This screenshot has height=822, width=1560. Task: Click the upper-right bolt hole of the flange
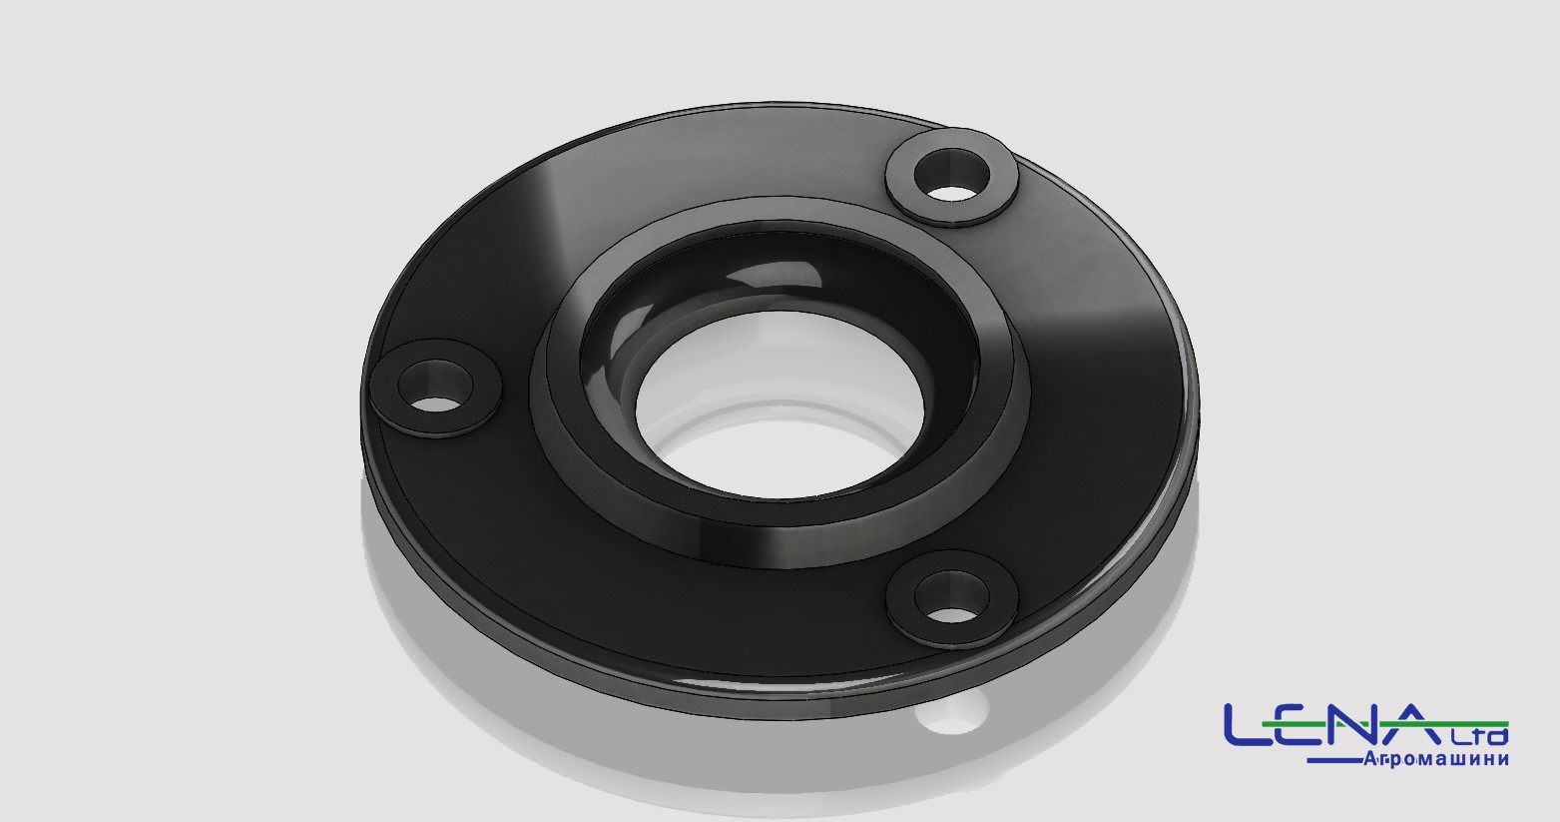pos(951,176)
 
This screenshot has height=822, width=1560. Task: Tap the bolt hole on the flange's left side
pos(435,386)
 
